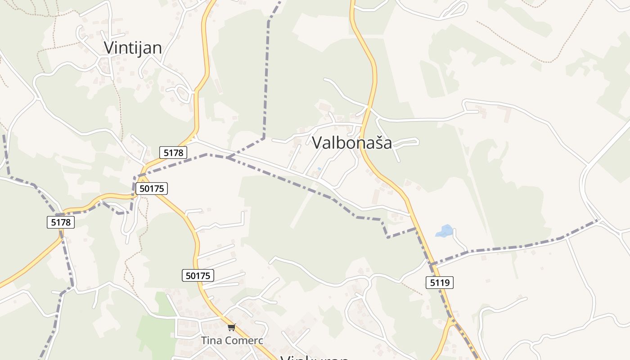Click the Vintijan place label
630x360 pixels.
pyautogui.click(x=133, y=48)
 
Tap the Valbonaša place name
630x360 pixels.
pyautogui.click(x=351, y=143)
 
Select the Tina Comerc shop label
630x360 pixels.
pyautogui.click(x=232, y=340)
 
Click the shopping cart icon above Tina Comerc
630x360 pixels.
pyautogui.click(x=231, y=328)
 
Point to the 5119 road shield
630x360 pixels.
pyautogui.click(x=439, y=283)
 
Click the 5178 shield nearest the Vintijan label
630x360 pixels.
pyautogui.click(x=173, y=153)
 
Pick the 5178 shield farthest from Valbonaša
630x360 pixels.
pyautogui.click(x=61, y=222)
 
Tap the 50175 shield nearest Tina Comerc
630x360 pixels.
pyautogui.click(x=198, y=275)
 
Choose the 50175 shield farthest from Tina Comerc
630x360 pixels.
pyautogui.click(x=152, y=189)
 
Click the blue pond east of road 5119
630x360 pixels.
pyautogui.click(x=445, y=231)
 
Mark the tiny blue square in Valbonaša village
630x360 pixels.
pyautogui.click(x=319, y=169)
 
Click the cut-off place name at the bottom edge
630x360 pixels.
pyautogui.click(x=315, y=357)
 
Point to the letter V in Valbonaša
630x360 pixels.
pyautogui.click(x=317, y=143)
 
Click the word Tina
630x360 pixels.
pyautogui.click(x=211, y=340)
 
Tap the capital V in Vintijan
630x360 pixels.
pyautogui.click(x=109, y=48)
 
